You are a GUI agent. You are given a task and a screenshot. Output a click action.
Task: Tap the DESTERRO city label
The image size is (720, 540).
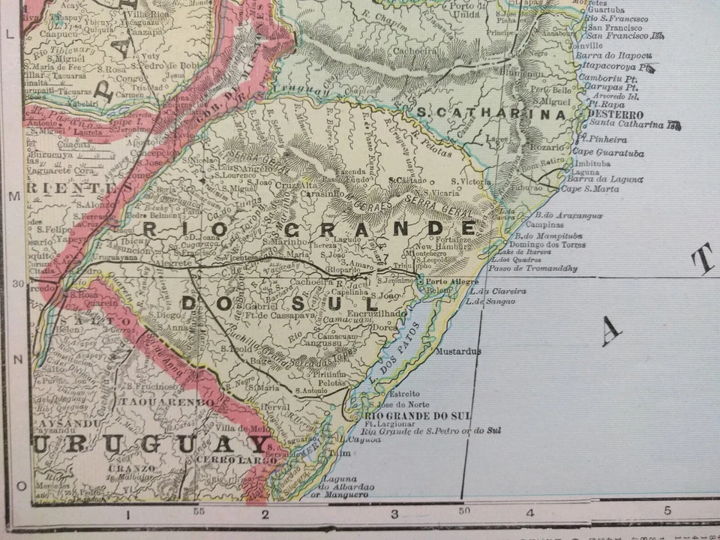[x=615, y=115]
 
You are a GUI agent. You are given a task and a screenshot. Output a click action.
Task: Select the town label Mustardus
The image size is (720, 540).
[x=457, y=351]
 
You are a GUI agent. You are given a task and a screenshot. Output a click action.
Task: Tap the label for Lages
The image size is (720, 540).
[x=497, y=138]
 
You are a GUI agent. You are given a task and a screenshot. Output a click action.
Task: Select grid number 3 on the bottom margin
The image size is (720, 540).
[x=394, y=514]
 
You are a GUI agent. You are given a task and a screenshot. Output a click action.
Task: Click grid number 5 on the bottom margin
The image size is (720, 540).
[x=667, y=511]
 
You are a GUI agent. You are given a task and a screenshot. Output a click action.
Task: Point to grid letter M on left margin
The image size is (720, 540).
[x=12, y=197]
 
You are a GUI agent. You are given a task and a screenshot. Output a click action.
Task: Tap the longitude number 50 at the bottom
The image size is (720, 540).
[x=464, y=511]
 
